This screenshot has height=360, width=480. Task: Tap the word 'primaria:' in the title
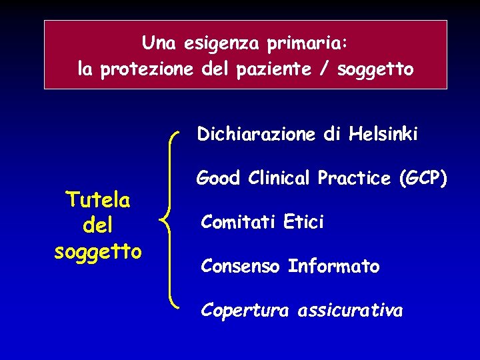coord(307,44)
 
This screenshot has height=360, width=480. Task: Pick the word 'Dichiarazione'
coord(256,135)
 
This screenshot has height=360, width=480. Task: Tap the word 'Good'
coord(218,178)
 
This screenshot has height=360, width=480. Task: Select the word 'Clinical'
coord(281,178)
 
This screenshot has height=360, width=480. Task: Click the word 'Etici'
coord(303,222)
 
